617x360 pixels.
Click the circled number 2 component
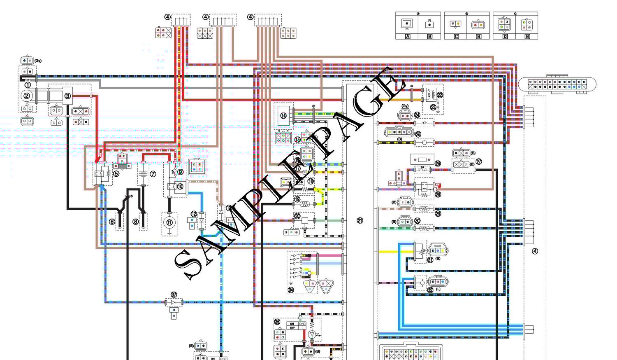27,96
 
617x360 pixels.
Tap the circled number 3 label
67,96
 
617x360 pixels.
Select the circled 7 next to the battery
153,174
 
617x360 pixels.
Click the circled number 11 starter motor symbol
169,222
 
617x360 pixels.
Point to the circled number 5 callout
116,174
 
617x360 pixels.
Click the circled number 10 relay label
180,186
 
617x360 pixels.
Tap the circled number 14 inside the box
283,116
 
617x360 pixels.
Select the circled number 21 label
360,221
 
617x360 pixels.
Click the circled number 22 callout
440,95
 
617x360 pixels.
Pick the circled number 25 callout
418,134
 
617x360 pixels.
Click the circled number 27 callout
479,162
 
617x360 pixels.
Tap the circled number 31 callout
430,260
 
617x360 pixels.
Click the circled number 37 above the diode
174,295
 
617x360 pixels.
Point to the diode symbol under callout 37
174,302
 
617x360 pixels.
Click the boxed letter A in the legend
408,36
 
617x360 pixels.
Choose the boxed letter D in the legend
505,36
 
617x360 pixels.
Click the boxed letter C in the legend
456,36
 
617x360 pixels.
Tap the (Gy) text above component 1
38,61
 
